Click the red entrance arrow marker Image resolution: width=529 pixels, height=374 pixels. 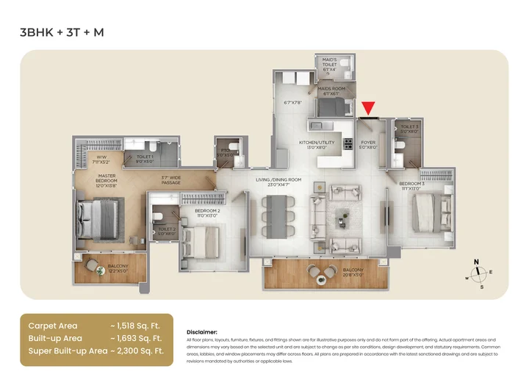point(368,109)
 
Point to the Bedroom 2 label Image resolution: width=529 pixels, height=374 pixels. point(207,213)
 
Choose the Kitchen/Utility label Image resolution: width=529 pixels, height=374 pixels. point(317,144)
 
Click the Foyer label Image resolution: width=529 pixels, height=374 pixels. point(367,145)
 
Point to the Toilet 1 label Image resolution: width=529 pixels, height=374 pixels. point(145,158)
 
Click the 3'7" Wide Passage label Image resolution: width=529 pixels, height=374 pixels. point(171,179)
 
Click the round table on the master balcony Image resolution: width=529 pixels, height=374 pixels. point(99,270)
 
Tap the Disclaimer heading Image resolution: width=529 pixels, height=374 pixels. point(202,331)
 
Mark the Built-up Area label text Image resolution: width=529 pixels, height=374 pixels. point(55,339)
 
